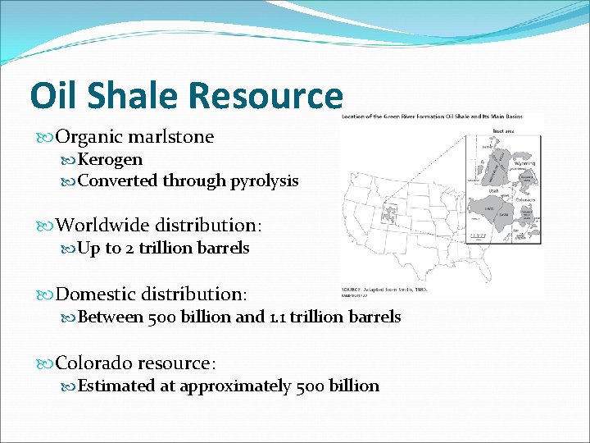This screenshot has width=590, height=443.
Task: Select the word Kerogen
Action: click(x=110, y=159)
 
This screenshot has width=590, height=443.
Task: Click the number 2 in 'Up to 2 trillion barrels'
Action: click(x=130, y=248)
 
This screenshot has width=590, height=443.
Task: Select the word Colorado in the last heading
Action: click(x=94, y=363)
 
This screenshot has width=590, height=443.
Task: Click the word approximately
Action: click(x=235, y=386)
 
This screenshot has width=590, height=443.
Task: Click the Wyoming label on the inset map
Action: click(x=524, y=163)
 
